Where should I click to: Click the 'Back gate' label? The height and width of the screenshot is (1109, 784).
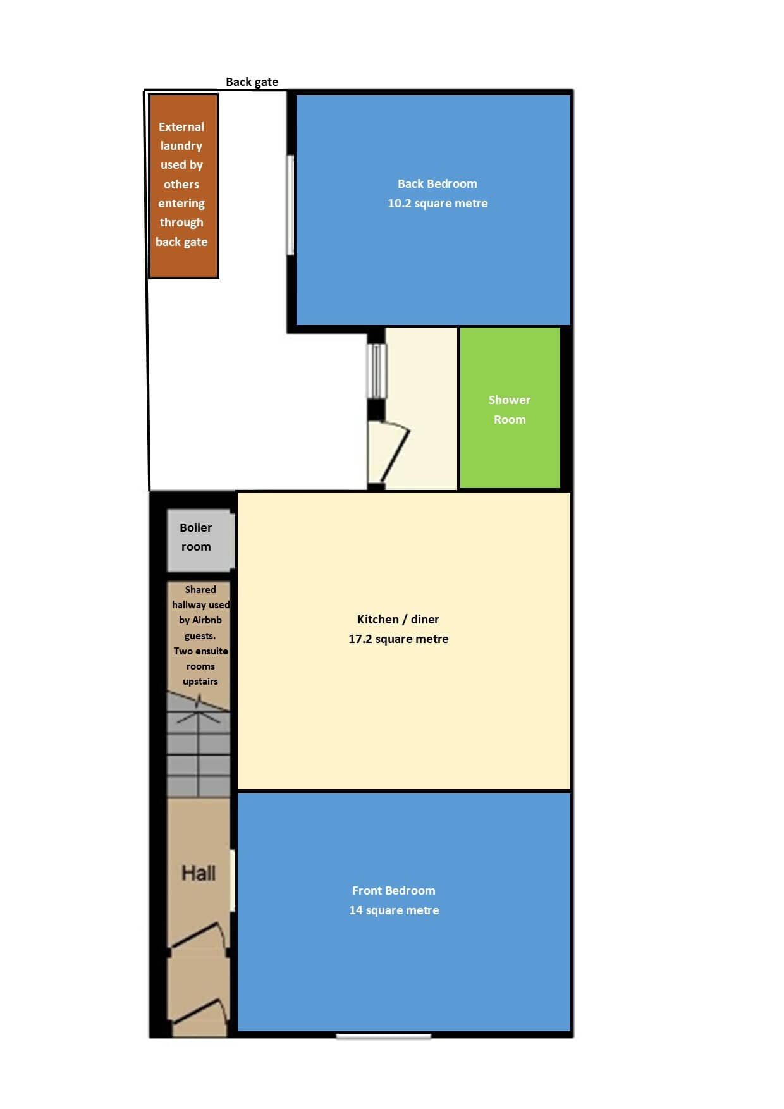(252, 82)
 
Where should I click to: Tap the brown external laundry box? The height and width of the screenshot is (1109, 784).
(183, 186)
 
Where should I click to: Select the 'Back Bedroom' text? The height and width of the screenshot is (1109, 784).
(438, 184)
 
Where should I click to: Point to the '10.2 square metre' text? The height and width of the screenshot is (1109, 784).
(438, 204)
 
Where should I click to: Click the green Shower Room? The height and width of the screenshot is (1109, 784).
(510, 408)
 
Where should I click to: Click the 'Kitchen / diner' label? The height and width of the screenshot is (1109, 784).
(398, 620)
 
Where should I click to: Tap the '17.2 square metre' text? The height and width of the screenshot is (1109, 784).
(398, 639)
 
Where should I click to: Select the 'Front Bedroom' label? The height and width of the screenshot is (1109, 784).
(394, 891)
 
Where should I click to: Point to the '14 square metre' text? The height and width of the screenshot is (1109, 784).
(394, 910)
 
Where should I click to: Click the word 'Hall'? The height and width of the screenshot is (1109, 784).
(199, 873)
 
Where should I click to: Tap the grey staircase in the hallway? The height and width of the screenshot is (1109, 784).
(199, 745)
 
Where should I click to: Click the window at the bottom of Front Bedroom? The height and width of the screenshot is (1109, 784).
(383, 1036)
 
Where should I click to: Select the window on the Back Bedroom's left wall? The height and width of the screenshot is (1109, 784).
(291, 205)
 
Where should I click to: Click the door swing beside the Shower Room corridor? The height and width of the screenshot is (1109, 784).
(389, 453)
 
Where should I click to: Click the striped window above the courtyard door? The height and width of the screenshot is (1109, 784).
(377, 371)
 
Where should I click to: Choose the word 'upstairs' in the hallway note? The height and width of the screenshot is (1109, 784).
(200, 682)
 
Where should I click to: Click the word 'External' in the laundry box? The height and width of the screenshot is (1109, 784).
(181, 127)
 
